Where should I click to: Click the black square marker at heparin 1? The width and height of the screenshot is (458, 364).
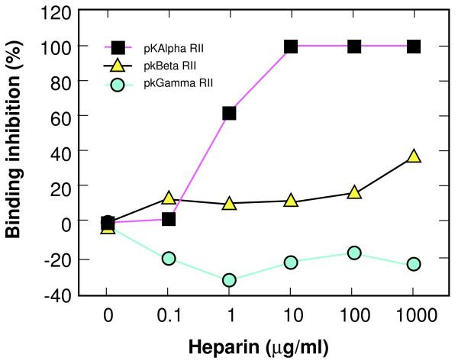click(229, 113)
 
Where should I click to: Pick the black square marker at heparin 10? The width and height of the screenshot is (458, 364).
click(290, 47)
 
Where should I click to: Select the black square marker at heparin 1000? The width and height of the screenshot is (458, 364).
click(413, 47)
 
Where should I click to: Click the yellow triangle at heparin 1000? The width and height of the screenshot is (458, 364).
click(413, 156)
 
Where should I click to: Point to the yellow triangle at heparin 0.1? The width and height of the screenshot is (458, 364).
click(169, 198)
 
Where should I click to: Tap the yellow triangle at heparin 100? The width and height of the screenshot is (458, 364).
click(353, 192)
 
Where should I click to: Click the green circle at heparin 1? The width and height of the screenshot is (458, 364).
click(229, 280)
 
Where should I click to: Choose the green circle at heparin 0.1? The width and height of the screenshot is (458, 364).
click(169, 259)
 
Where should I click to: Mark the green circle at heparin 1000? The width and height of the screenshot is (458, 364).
click(413, 263)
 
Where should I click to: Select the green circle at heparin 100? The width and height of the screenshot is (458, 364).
click(353, 253)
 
